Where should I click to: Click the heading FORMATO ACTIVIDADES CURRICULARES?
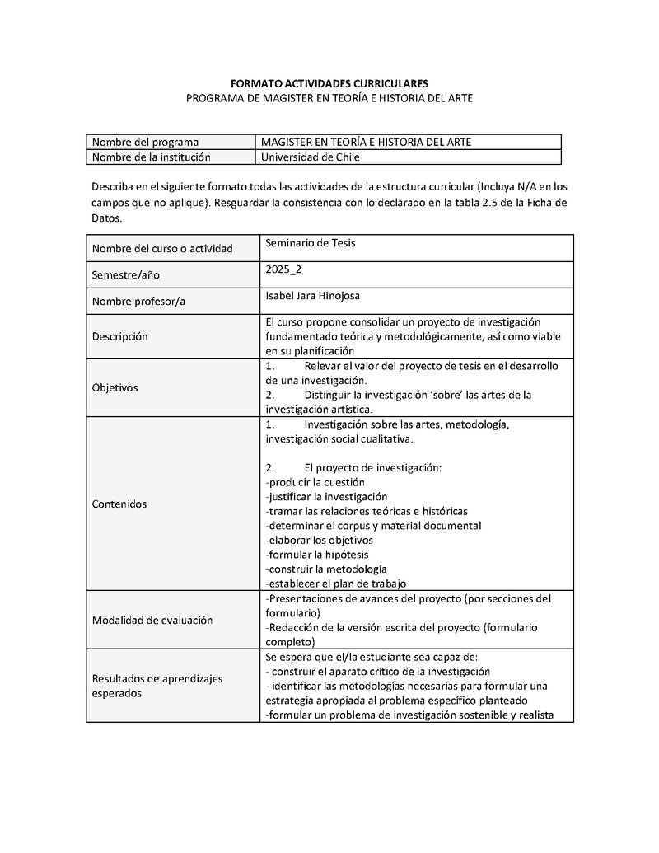click(329, 83)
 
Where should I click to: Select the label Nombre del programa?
click(145, 142)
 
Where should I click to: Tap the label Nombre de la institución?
click(151, 157)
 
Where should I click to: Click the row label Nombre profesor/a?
click(138, 301)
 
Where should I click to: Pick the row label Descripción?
click(119, 336)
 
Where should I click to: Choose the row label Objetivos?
click(115, 387)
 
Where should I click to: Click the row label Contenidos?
click(119, 504)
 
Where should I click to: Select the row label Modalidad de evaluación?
click(152, 621)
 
